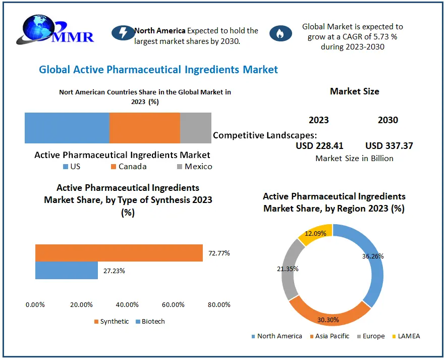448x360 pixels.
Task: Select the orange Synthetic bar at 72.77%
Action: point(119,253)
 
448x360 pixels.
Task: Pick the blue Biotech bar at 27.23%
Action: point(66,271)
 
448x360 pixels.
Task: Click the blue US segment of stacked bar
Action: point(67,128)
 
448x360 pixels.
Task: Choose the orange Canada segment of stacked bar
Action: point(144,128)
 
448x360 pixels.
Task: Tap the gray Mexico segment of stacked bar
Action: point(196,128)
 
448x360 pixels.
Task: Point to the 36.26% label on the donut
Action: point(373,256)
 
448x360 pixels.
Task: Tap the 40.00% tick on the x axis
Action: point(127,304)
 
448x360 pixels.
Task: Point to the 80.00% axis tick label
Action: point(219,304)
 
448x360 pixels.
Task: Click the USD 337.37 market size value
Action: point(389,146)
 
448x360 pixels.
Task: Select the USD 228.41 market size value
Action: point(319,146)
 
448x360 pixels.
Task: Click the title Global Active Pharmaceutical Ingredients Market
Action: point(158,70)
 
